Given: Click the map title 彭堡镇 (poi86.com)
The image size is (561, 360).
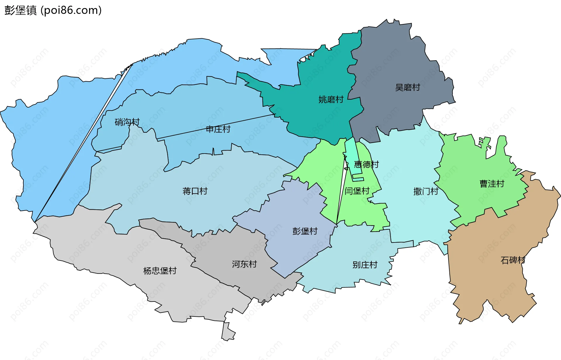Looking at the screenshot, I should pos(53,10).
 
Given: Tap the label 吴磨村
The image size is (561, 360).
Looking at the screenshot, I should pos(407,87).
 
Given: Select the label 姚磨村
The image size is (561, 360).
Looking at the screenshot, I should pos(331,99).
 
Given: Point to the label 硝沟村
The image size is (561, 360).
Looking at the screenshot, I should pos(127,122).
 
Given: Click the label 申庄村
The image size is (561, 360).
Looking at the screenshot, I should pos(218,129).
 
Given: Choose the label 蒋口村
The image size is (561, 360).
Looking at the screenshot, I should pos(195,191).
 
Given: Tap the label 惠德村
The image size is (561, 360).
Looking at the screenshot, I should pos(366,164).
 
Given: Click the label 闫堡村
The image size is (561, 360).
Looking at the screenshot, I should pos(357,191).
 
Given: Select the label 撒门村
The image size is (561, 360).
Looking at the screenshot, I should pos(426,191).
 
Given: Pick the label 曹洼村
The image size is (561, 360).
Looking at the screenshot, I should pos(492,184).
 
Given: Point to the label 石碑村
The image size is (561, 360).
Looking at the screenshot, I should pos(513,260).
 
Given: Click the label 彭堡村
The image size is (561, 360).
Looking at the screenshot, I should pos(305,231).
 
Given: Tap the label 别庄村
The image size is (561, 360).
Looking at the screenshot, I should pos(365,265).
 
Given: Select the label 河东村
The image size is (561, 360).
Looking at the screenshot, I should pos(244,264).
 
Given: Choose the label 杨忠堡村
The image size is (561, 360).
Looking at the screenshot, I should pos(160,271).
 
